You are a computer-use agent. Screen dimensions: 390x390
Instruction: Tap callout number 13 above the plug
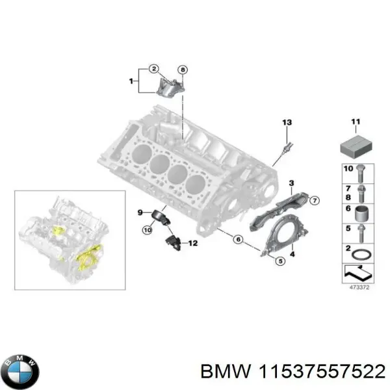[287, 123]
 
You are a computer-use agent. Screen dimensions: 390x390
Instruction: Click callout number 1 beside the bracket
[132, 82]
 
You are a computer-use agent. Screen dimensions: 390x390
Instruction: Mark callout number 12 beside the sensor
[192, 243]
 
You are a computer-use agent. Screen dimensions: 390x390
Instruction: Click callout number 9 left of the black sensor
[139, 213]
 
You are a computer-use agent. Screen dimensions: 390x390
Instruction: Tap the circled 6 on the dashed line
[238, 239]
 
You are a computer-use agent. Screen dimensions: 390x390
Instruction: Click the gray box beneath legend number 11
[355, 146]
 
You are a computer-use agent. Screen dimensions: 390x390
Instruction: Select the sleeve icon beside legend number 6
[361, 211]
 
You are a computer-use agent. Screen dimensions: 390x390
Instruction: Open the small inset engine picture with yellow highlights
[70, 238]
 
